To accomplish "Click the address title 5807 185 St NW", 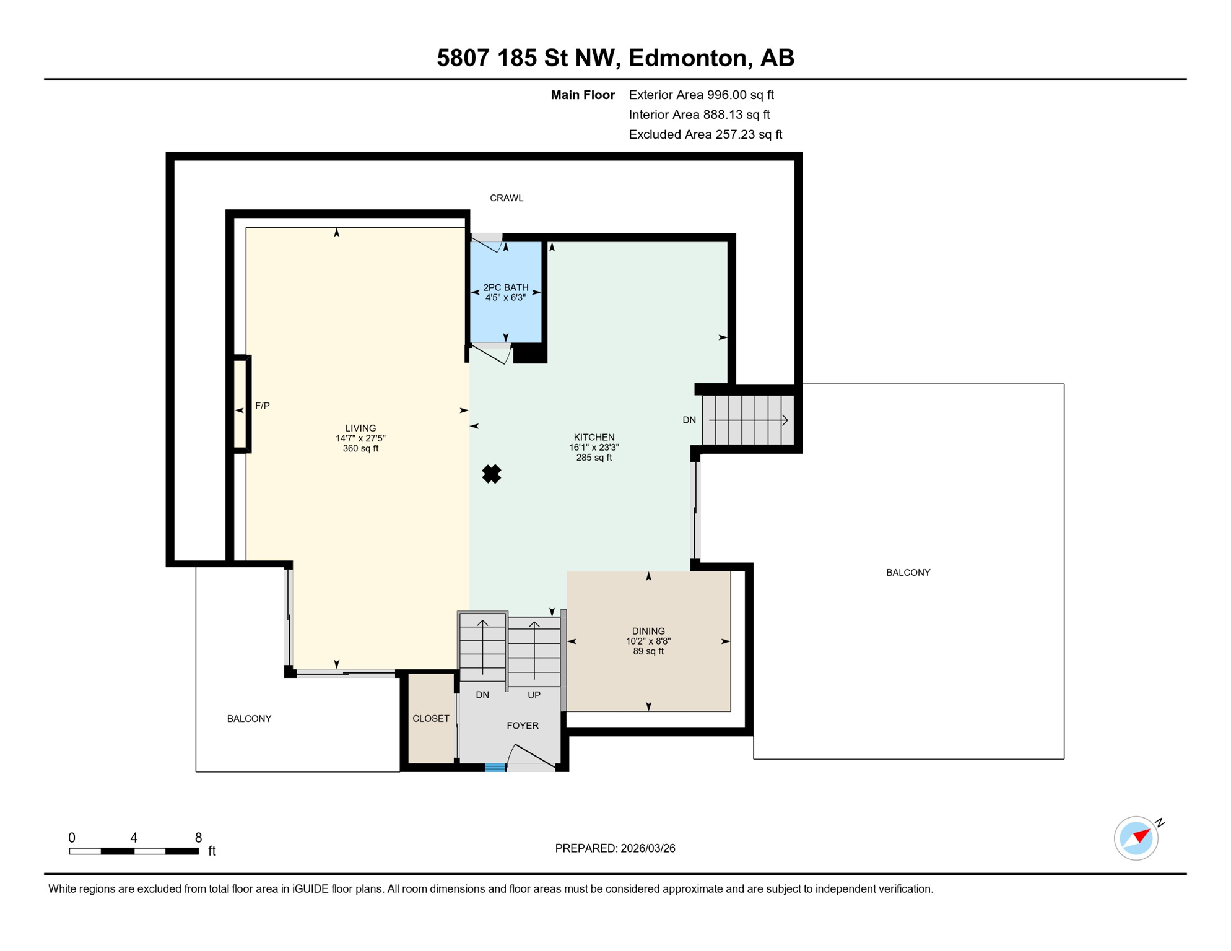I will pyautogui.click(x=615, y=58).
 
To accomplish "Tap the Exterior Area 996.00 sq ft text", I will pyautogui.click(x=701, y=95).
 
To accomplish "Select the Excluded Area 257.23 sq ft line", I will pyautogui.click(x=705, y=134).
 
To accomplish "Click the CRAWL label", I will pyautogui.click(x=507, y=198).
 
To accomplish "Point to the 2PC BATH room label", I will pyautogui.click(x=506, y=287).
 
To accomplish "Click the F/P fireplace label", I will pyautogui.click(x=263, y=406).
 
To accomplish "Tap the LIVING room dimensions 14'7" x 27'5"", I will pyautogui.click(x=360, y=438).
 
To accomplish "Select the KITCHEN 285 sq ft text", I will pyautogui.click(x=594, y=458).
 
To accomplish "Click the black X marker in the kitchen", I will pyautogui.click(x=492, y=474).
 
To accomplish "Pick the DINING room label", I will pyautogui.click(x=648, y=631).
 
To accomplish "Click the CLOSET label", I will pyautogui.click(x=431, y=718).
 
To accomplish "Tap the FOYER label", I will pyautogui.click(x=523, y=726).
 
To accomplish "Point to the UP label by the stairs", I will pyautogui.click(x=534, y=695).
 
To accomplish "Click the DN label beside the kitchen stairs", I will pyautogui.click(x=689, y=420).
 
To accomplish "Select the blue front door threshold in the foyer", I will pyautogui.click(x=495, y=768).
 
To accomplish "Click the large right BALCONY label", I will pyautogui.click(x=908, y=573).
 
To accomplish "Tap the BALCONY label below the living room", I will pyautogui.click(x=249, y=718).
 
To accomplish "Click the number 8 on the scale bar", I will pyautogui.click(x=198, y=838).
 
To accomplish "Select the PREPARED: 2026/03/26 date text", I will pyautogui.click(x=615, y=848).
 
